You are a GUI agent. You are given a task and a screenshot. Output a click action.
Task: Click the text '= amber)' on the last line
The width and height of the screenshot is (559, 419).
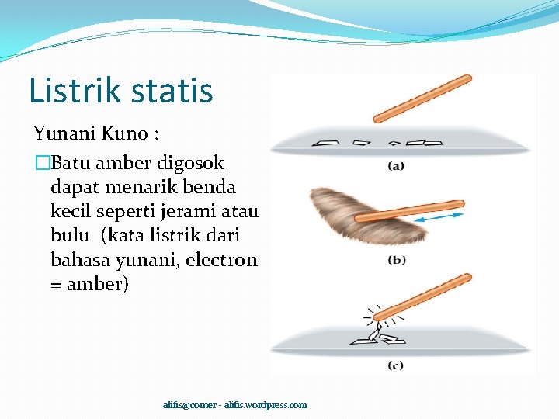click(90, 284)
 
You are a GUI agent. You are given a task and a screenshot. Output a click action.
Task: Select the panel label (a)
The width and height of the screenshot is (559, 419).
click(396, 166)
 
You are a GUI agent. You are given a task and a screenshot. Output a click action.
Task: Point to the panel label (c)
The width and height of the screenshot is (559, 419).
click(396, 365)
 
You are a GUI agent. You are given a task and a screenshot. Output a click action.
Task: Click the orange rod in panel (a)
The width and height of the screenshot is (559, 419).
click(422, 99)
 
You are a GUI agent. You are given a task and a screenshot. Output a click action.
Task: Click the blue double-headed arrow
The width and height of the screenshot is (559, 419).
click(438, 218)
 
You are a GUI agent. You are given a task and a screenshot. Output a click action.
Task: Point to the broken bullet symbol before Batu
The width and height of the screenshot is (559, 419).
click(42, 164)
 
